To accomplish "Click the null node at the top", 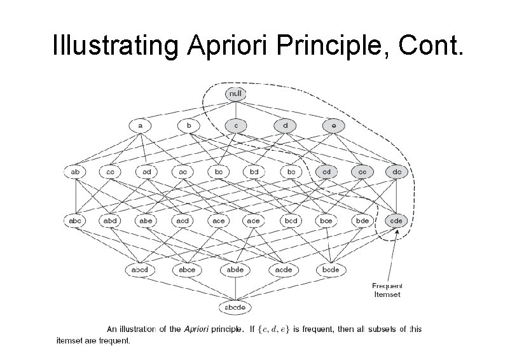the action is (235, 94).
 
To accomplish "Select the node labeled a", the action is (141, 126).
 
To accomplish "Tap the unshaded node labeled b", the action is (189, 126).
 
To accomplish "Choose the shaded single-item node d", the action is (286, 126).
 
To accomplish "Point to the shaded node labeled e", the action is (333, 126).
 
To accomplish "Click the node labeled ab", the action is (76, 171).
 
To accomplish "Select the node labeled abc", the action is (76, 221).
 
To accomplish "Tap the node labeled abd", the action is (111, 221).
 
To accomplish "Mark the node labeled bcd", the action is (291, 221).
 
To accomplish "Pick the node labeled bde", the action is (362, 221).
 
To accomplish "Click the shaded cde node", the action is (398, 221).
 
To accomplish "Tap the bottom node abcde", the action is (235, 307).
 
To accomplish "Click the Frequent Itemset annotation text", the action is (387, 290).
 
